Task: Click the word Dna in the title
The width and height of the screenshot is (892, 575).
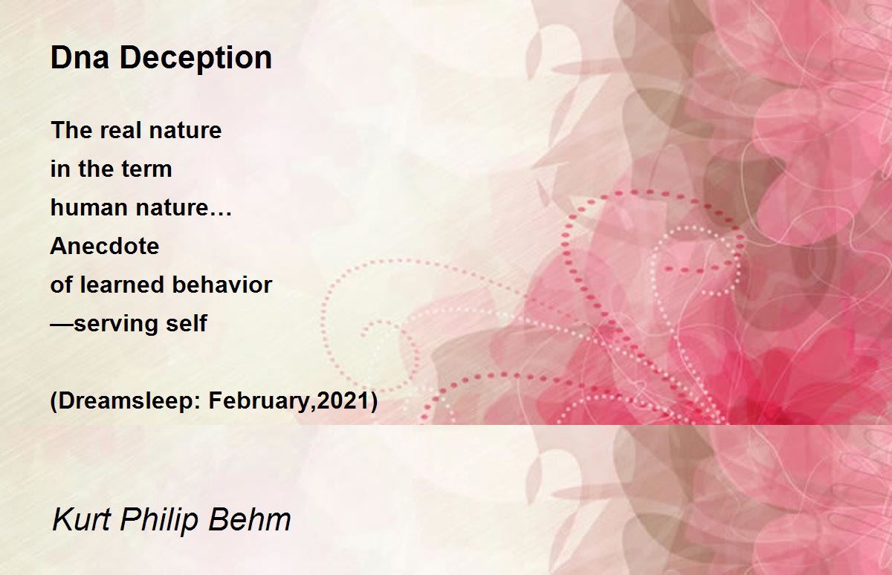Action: coord(80,58)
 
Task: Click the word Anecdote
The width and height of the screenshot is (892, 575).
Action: coord(105,246)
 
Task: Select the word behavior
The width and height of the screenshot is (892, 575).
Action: coord(222,285)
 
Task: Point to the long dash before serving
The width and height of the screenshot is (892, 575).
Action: coord(62,325)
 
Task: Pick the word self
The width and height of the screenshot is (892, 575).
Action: coord(187,323)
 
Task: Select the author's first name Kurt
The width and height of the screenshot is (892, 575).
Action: coord(82,519)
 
